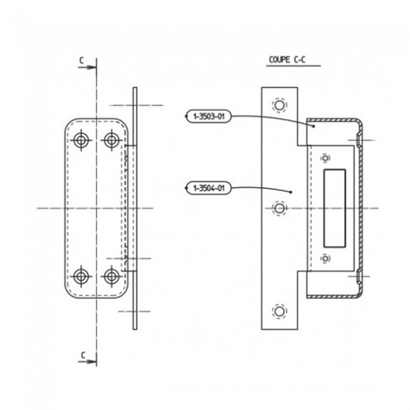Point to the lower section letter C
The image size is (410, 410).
(x=82, y=356)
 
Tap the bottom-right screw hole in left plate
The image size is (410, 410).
(x=112, y=275)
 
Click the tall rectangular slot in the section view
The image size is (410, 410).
(x=334, y=208)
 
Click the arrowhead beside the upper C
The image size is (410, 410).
(x=91, y=66)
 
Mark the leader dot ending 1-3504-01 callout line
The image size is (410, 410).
(x=290, y=191)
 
